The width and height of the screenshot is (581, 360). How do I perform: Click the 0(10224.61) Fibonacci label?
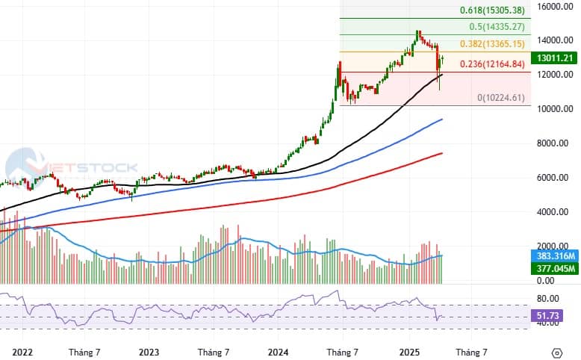501,98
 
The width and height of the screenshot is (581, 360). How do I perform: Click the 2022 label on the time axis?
22,351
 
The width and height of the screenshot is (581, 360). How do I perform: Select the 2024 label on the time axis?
279,351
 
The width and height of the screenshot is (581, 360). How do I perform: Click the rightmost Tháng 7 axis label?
471,351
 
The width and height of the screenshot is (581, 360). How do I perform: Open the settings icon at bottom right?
556,352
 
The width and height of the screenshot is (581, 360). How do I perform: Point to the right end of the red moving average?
442,153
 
